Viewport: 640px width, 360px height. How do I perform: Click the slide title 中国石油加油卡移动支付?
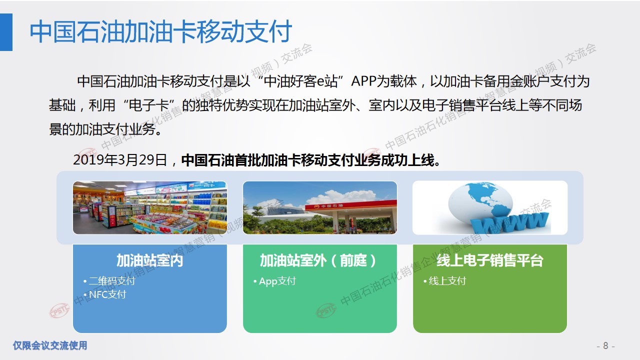[160, 31]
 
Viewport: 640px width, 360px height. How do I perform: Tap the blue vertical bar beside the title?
[6, 32]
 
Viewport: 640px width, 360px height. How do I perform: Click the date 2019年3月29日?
[120, 159]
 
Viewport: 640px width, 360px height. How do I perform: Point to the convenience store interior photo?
[150, 207]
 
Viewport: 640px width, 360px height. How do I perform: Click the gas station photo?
[320, 207]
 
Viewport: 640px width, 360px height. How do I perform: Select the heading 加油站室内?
[149, 260]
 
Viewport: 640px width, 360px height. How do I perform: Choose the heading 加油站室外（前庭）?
[318, 260]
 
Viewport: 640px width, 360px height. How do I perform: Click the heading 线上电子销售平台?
[489, 260]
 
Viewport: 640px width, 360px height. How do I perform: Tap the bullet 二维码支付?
[112, 281]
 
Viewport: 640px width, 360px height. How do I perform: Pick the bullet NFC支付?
[107, 294]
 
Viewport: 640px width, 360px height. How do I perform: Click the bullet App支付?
[277, 281]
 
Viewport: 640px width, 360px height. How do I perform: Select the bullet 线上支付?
[447, 281]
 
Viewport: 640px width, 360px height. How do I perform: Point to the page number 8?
[605, 345]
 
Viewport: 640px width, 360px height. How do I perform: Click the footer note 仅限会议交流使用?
[50, 345]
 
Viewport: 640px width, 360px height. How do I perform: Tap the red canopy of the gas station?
[351, 206]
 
